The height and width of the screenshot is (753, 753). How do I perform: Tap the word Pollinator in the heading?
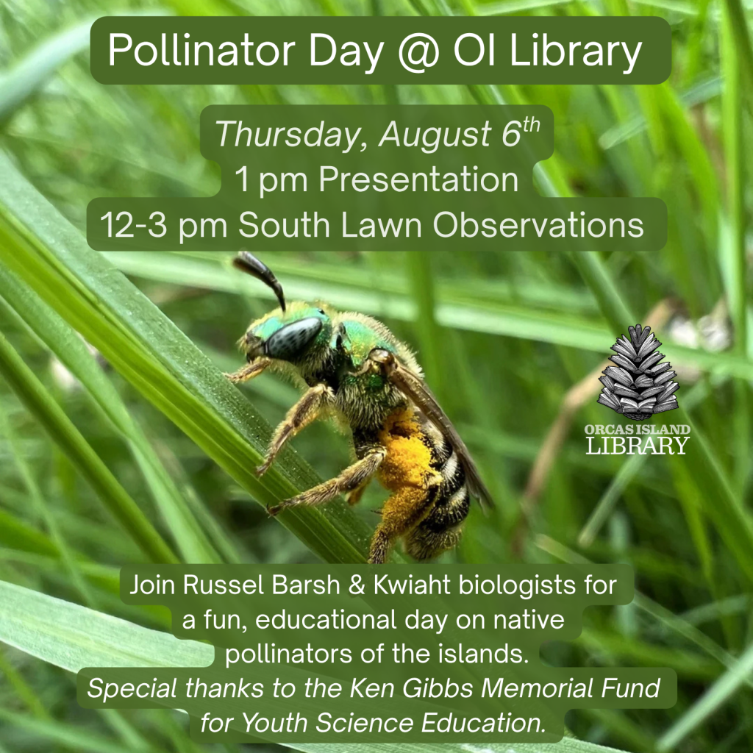(201, 50)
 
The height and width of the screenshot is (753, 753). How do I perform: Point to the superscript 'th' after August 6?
(531, 126)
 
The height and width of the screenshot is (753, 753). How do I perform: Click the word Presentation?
(418, 179)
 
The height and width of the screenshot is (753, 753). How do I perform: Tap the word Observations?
(538, 224)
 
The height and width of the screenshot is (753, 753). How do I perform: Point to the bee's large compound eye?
(293, 338)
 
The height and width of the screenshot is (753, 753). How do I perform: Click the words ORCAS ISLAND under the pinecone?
(638, 429)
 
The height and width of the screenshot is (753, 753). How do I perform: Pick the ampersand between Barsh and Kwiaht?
(357, 585)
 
